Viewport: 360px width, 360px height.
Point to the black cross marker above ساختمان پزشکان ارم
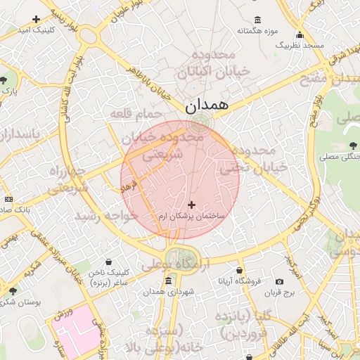191,204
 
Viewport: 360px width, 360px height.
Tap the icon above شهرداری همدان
168,281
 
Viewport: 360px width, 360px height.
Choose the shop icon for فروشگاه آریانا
240,270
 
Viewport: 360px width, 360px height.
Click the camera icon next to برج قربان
280,281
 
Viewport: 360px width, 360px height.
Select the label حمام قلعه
136,114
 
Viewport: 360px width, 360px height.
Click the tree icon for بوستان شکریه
13,290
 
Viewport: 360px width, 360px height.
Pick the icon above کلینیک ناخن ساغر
108,262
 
